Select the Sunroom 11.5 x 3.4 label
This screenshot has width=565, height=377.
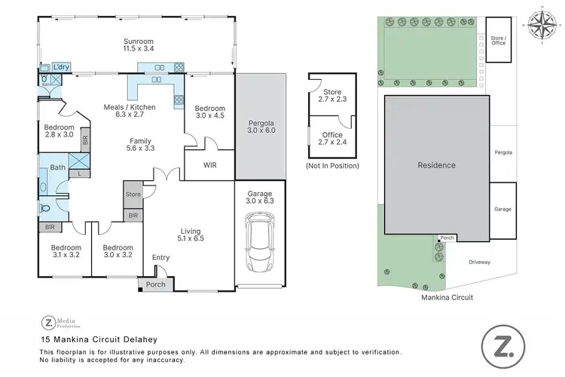click(138, 44)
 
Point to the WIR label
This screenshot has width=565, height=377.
click(210, 164)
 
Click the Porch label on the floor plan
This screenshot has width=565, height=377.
click(155, 284)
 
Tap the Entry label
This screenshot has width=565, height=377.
click(160, 258)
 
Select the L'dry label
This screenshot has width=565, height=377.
click(62, 67)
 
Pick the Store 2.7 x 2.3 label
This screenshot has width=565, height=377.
click(332, 94)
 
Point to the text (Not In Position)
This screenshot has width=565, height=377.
click(332, 165)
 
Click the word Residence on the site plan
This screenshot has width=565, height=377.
click(436, 164)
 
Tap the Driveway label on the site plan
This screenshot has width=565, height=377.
click(479, 262)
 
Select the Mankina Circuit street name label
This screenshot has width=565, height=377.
click(448, 297)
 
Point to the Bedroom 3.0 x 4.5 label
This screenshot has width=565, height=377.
click(211, 112)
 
